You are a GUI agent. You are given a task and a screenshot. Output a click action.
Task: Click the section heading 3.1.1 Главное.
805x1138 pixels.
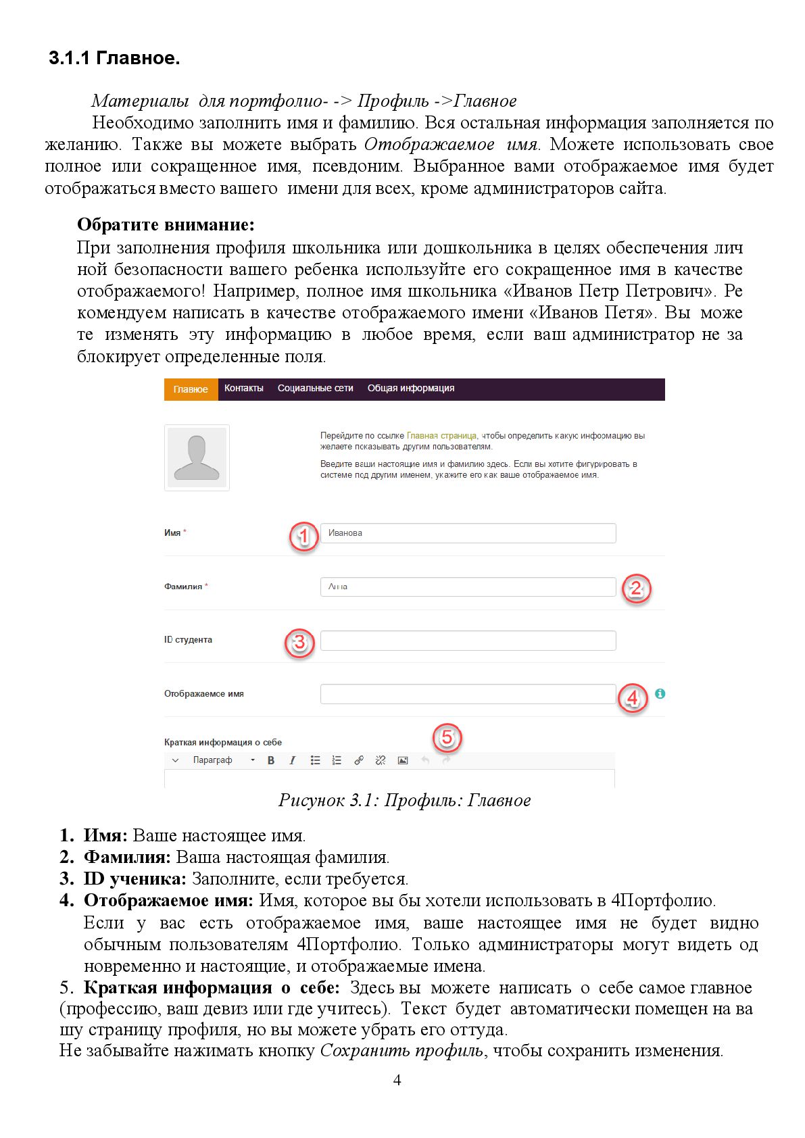tap(114, 58)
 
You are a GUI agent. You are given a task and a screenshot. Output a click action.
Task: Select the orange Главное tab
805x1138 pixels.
tap(191, 389)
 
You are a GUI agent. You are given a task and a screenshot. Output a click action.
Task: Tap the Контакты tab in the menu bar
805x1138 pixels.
tap(243, 389)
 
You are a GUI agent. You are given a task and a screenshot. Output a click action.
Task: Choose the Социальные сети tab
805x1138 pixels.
tap(315, 389)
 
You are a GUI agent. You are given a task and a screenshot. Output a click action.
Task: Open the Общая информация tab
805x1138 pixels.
tap(410, 389)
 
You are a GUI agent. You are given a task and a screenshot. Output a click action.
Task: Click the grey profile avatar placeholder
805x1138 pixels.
tap(197, 457)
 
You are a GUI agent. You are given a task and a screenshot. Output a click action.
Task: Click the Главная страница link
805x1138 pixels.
tap(441, 436)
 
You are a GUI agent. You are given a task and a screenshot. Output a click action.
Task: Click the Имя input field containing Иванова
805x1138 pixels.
tap(468, 533)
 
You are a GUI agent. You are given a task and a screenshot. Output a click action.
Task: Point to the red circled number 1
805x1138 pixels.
tap(303, 537)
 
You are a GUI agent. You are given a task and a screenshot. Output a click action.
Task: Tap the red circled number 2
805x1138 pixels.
tap(635, 589)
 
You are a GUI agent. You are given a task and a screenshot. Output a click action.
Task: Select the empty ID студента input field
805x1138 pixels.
tap(468, 641)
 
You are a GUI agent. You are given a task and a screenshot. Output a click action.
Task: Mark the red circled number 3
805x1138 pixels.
tap(299, 643)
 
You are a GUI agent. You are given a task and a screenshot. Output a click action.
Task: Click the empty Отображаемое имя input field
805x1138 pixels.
tap(468, 694)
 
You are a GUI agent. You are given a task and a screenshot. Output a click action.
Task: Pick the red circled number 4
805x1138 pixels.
tap(633, 697)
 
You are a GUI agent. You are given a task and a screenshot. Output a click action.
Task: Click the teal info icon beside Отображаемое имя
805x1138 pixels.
tap(660, 693)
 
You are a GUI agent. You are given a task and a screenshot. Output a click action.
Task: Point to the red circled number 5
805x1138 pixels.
tap(447, 737)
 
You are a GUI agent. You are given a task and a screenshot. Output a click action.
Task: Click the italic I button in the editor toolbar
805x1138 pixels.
tap(292, 760)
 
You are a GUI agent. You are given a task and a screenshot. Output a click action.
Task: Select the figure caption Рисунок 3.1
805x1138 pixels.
tap(404, 801)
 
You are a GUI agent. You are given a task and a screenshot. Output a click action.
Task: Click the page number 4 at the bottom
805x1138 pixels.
tap(397, 1080)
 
